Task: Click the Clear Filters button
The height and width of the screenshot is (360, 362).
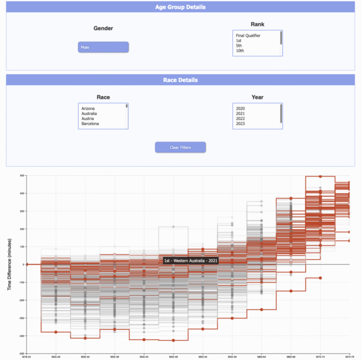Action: [180, 148]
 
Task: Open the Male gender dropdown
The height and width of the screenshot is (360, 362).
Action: [103, 47]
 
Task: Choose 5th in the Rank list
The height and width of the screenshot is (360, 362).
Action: [240, 46]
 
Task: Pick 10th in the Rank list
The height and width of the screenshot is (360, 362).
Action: [240, 51]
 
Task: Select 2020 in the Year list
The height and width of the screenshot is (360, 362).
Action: [241, 108]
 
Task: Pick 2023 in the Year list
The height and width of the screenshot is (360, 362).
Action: [241, 124]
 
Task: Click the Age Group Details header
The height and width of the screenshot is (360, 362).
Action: [181, 7]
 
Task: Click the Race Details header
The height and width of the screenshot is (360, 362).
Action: [181, 80]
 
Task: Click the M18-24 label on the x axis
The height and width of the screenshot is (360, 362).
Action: [26, 356]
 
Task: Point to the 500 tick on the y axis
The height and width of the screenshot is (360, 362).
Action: [21, 176]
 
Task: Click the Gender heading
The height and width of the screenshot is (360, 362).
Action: [103, 28]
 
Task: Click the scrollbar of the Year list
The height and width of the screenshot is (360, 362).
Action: [281, 113]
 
